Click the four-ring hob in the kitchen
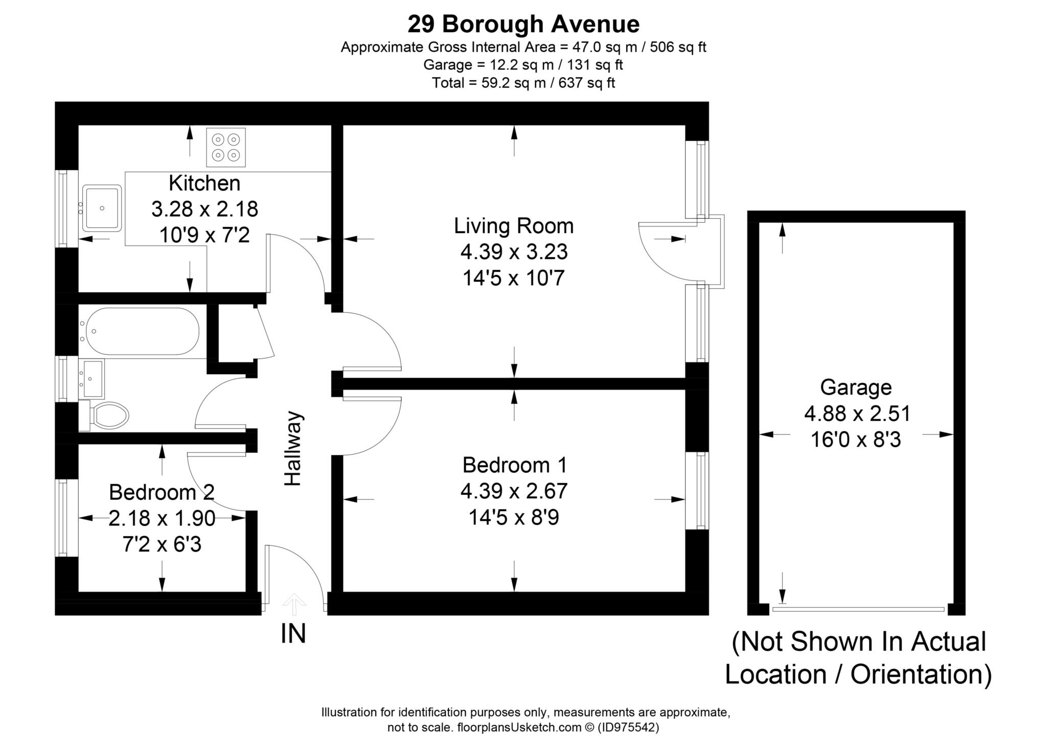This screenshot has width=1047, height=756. tap(225, 147)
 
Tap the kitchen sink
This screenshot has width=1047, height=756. tap(103, 208)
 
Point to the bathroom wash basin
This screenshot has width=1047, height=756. tap(92, 379)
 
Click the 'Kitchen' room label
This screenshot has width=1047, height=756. tap(204, 183)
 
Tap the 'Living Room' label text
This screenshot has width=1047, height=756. tap(514, 226)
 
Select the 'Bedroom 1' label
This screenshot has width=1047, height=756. tap(514, 465)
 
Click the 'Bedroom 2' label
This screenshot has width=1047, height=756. tap(162, 492)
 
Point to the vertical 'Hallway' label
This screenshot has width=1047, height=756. tap(293, 448)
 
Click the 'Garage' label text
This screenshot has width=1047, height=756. tap(856, 387)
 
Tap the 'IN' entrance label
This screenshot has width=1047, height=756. tap(293, 634)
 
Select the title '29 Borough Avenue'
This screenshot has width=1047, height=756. tap(523, 24)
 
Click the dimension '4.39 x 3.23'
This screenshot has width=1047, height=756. tap(514, 252)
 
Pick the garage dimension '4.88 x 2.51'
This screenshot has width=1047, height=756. tap(857, 414)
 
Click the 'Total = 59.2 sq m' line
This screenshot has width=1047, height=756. tap(523, 83)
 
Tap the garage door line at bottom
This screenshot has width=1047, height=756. tap(858, 609)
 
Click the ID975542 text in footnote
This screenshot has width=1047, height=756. tap(628, 727)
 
